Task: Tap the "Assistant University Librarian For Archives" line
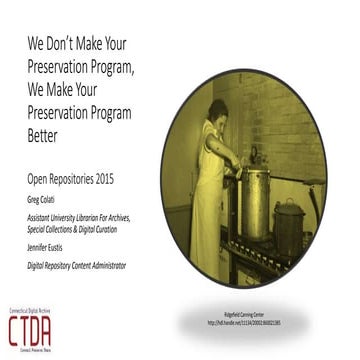(x=88, y=213)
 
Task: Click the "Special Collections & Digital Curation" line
(x=82, y=226)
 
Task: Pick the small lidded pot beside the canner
(x=291, y=221)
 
